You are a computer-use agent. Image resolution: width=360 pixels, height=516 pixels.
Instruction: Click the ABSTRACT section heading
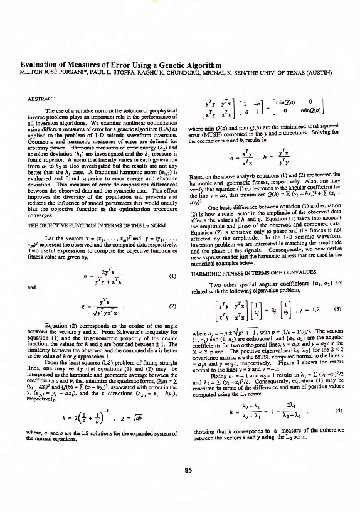(40, 99)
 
